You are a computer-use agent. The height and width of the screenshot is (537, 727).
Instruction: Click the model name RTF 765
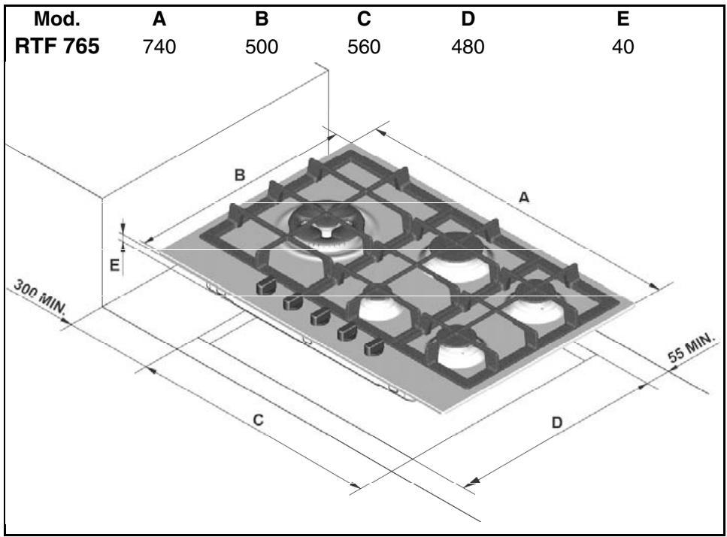pyautogui.click(x=57, y=47)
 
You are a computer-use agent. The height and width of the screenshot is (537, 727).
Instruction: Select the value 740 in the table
pyautogui.click(x=159, y=47)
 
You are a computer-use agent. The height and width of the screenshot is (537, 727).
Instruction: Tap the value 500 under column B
pyautogui.click(x=262, y=47)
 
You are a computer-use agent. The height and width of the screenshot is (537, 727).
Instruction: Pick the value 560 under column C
pyautogui.click(x=364, y=47)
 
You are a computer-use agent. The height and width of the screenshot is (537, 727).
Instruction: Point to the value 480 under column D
pyautogui.click(x=468, y=47)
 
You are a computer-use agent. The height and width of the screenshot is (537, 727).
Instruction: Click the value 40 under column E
pyautogui.click(x=622, y=47)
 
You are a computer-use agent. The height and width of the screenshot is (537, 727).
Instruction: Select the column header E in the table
pyautogui.click(x=622, y=19)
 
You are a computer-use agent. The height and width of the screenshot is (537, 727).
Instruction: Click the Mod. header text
pyautogui.click(x=57, y=19)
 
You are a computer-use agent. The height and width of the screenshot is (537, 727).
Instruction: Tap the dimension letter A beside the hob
pyautogui.click(x=523, y=198)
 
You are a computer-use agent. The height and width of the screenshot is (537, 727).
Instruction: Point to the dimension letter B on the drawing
pyautogui.click(x=240, y=175)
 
